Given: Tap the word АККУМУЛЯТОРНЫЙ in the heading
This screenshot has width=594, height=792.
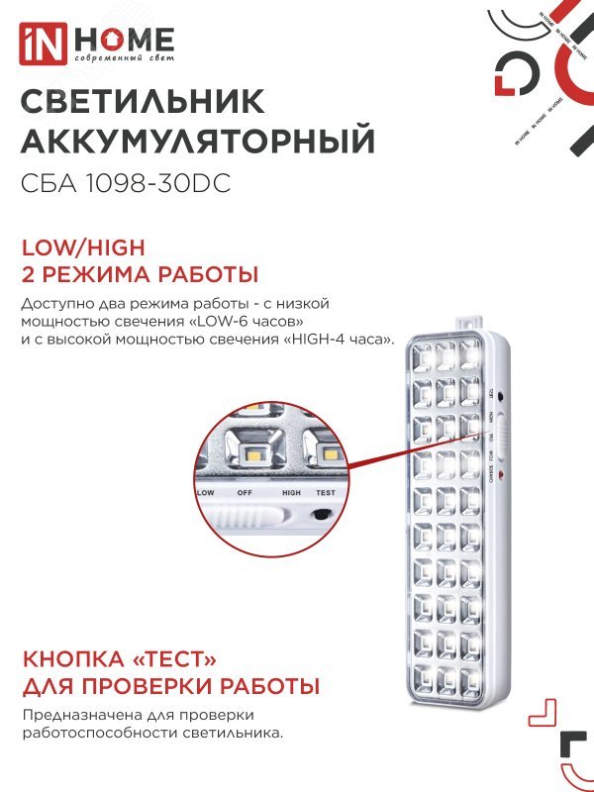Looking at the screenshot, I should pyautogui.click(x=197, y=142).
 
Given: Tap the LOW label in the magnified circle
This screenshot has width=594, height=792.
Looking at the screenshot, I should pyautogui.click(x=206, y=492).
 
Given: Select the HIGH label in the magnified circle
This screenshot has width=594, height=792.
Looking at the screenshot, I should pyautogui.click(x=291, y=492).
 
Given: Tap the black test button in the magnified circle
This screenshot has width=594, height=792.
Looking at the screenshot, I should pyautogui.click(x=322, y=515).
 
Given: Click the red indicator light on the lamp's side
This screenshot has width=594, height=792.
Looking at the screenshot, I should pyautogui.click(x=502, y=477).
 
